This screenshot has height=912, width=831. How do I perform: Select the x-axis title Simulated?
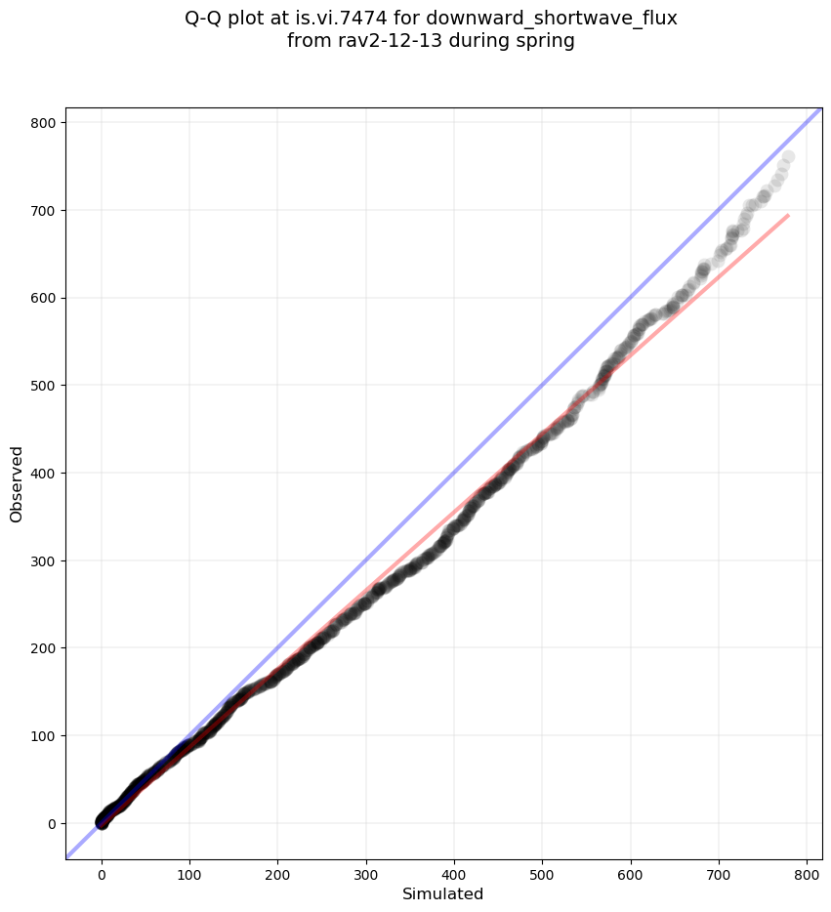(443, 893)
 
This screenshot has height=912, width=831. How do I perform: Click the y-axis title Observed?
(18, 483)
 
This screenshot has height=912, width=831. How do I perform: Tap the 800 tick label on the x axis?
(807, 870)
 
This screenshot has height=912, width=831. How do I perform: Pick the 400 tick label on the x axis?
(454, 870)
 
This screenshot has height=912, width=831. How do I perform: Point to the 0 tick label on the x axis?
(102, 870)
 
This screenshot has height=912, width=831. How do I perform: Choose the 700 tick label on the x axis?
(719, 870)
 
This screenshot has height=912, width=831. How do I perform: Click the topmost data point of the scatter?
(788, 156)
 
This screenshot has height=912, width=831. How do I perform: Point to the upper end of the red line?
(787, 215)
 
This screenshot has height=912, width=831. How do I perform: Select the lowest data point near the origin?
(102, 824)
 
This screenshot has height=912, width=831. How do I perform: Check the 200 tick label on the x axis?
(278, 870)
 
